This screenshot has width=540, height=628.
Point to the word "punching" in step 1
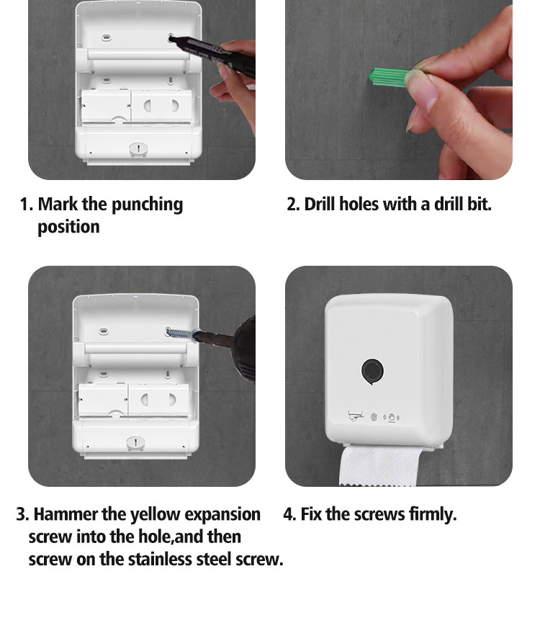[147, 205]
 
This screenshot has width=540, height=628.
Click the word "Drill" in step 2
[320, 204]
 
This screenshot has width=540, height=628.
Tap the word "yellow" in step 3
[156, 515]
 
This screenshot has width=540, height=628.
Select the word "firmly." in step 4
[433, 515]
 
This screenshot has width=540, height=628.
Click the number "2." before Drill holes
[294, 205]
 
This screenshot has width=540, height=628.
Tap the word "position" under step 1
[68, 228]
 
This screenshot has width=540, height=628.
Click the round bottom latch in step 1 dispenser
[138, 148]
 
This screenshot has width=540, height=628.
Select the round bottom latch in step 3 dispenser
[135, 443]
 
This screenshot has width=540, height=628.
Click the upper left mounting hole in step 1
[106, 38]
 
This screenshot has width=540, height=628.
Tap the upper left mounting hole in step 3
[104, 331]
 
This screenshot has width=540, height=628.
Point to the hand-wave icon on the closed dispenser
[392, 417]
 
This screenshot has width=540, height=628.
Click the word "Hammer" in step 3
[66, 514]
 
